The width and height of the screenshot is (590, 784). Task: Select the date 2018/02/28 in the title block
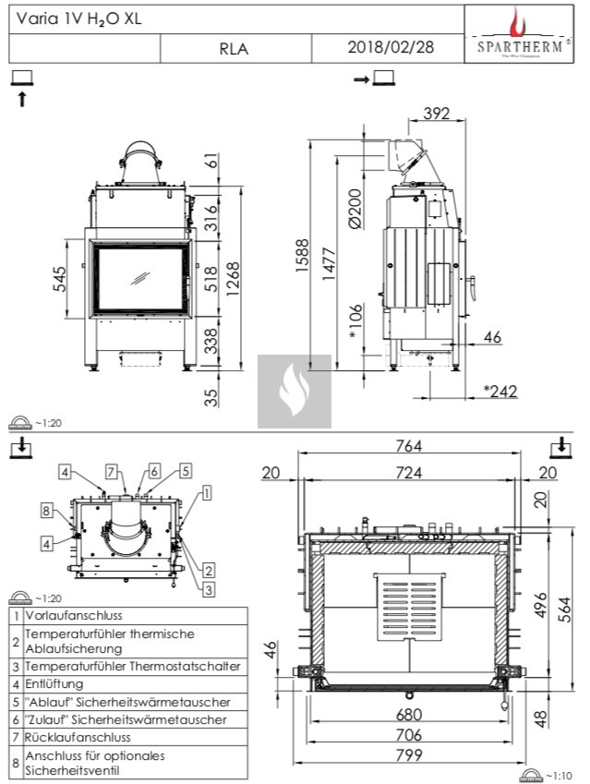[390, 47]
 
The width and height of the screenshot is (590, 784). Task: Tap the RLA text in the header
[234, 49]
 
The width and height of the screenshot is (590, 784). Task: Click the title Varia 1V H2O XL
[78, 18]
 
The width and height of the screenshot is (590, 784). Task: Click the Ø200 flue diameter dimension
[354, 208]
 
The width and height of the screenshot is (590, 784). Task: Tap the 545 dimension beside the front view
[61, 279]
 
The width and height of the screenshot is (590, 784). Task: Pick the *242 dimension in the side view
[501, 391]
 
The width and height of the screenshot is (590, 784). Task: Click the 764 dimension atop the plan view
[408, 446]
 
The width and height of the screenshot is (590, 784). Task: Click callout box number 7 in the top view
[111, 472]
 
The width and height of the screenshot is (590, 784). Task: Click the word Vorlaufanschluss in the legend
[74, 615]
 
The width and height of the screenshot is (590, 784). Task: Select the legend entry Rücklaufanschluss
[78, 737]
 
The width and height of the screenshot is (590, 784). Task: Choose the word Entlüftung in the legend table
[54, 684]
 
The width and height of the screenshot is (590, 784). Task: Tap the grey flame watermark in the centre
[293, 392]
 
